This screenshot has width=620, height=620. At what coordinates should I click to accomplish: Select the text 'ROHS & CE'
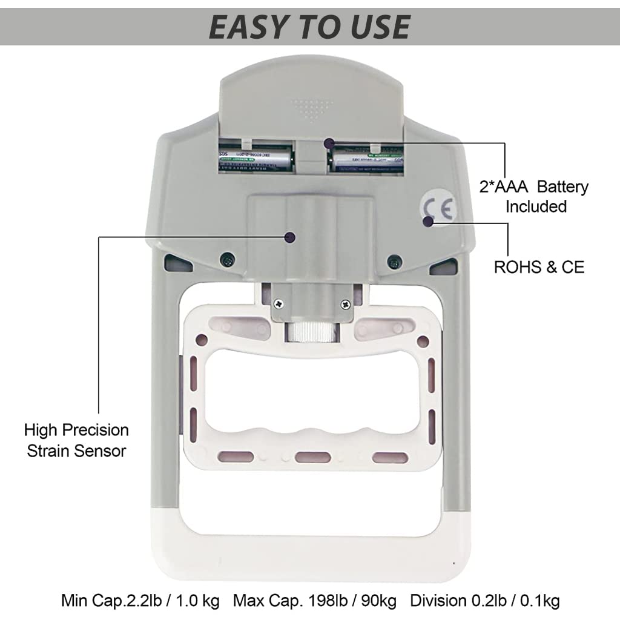[539, 267]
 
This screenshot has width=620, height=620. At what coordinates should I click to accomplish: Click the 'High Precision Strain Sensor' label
[76, 440]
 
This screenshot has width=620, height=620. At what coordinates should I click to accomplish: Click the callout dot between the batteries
[329, 143]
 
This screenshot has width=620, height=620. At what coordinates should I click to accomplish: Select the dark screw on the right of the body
[395, 262]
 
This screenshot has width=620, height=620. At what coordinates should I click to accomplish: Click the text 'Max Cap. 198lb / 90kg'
[315, 601]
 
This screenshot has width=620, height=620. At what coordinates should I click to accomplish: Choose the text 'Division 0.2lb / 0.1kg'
[484, 601]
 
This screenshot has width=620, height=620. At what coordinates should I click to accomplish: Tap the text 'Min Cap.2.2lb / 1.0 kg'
[140, 601]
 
